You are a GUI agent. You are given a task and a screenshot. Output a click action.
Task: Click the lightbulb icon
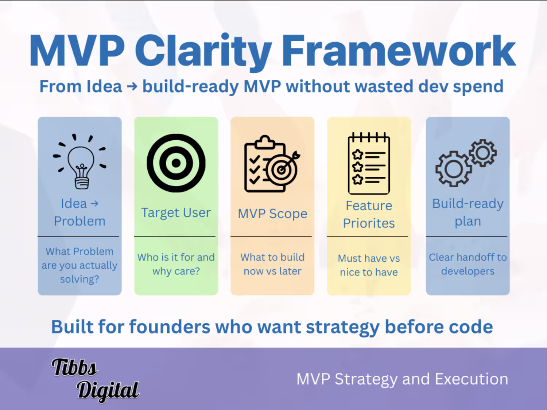(80, 162)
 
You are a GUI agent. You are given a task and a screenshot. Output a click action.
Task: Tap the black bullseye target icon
(176, 163)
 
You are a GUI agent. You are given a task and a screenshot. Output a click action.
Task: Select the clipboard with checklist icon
(272, 164)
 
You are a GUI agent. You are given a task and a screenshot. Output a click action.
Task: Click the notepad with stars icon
(369, 163)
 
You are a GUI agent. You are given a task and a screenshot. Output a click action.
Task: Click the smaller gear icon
(483, 153)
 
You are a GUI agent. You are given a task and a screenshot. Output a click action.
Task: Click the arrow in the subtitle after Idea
(132, 87)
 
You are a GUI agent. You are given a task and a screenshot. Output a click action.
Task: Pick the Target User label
(176, 212)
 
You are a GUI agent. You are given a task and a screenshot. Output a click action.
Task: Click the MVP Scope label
(272, 214)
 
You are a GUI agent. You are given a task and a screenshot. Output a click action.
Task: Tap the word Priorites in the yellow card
(369, 223)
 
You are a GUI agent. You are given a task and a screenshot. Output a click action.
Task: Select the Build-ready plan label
(468, 212)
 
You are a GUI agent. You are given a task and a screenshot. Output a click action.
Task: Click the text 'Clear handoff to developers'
(468, 264)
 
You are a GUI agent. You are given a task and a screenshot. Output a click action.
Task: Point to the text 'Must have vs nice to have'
(369, 265)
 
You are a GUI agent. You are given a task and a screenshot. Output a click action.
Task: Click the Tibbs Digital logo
(95, 380)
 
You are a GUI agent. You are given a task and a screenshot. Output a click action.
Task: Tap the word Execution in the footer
(472, 379)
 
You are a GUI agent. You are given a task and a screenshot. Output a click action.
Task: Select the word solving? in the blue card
(79, 279)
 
